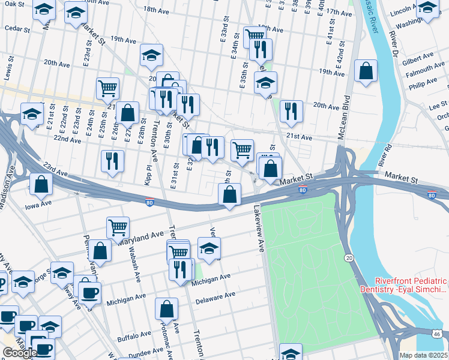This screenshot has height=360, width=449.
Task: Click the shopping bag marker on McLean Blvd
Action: click(366, 71)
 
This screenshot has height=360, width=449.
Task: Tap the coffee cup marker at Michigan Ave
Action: click(89, 293)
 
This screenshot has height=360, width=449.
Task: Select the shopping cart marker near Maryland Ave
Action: click(118, 227)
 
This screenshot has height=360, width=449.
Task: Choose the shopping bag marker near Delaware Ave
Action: click(166, 308)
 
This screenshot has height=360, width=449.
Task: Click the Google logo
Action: click(20, 353)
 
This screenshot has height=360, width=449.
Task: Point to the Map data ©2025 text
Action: click(423, 355)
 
